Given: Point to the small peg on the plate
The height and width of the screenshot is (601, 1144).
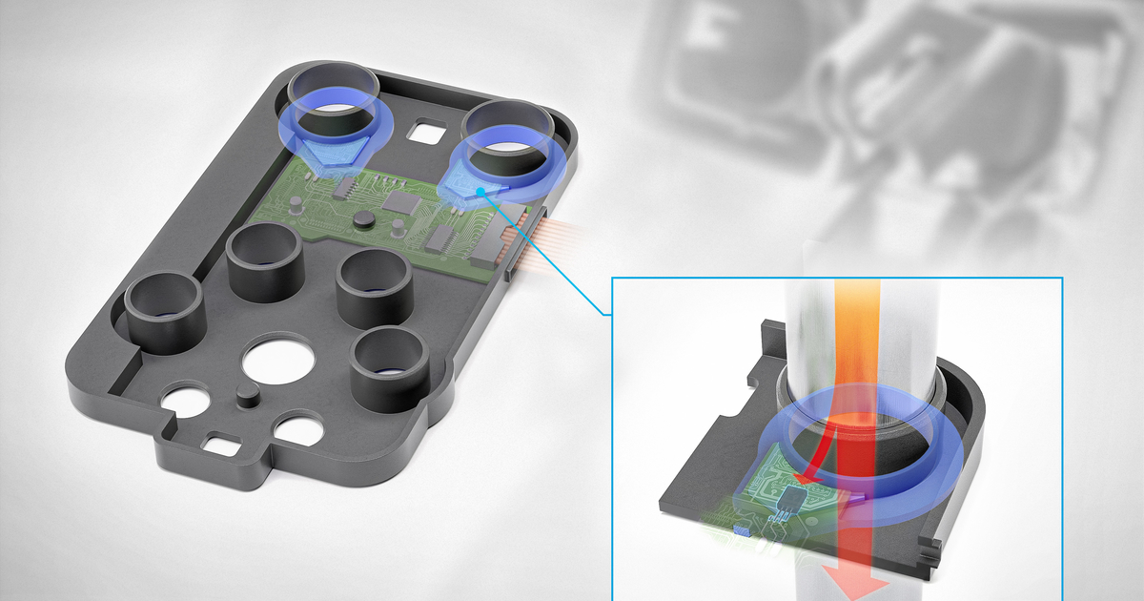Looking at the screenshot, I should pos(246,396).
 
